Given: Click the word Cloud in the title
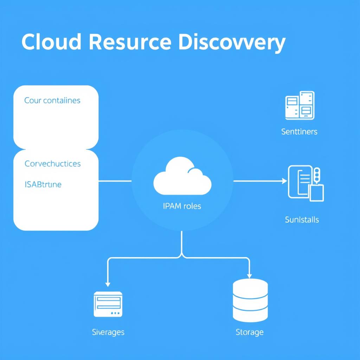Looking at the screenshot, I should (x=51, y=43).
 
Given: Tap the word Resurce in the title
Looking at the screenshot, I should (x=130, y=43).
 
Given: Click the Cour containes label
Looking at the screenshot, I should (x=52, y=101).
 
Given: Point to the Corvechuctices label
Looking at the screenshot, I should (x=52, y=164).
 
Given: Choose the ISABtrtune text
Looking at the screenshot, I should (x=43, y=185).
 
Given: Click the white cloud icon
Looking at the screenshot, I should (x=182, y=176).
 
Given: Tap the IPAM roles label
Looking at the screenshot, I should (x=182, y=206).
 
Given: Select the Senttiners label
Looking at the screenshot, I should (x=299, y=132).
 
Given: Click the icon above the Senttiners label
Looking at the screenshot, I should (x=300, y=105).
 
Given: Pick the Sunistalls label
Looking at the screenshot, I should (x=302, y=220).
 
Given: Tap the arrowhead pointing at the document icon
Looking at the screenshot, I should (x=284, y=181).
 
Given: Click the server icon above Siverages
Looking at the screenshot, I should (x=108, y=304).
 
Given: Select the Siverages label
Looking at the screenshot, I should (x=108, y=332).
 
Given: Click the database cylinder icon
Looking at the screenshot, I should (x=250, y=301).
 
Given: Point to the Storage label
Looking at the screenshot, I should (x=250, y=332).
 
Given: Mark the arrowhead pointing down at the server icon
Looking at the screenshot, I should (x=108, y=284).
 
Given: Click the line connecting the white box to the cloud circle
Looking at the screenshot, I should (x=115, y=181).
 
